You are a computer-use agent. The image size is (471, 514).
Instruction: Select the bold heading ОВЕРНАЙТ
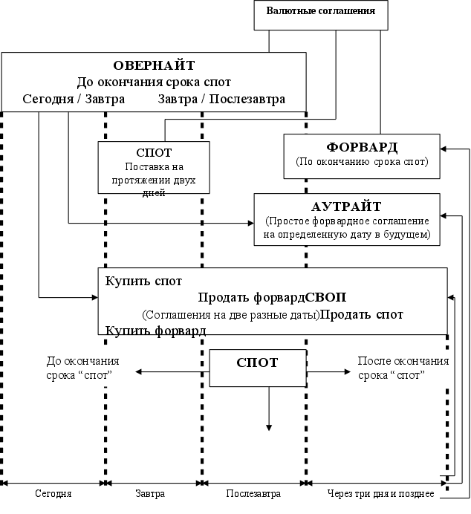tap(154, 65)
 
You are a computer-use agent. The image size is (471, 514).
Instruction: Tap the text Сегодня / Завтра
tap(74, 99)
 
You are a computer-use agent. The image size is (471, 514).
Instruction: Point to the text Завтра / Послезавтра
tap(221, 99)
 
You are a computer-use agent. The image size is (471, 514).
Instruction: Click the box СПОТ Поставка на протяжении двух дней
tap(155, 167)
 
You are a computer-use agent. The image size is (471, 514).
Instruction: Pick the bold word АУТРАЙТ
tap(347, 206)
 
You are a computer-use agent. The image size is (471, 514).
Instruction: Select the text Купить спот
tap(143, 282)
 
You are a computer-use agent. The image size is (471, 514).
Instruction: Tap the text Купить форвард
tap(155, 331)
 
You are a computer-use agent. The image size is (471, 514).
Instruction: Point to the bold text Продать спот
tap(363, 314)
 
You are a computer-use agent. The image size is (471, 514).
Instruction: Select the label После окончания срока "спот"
tap(403, 368)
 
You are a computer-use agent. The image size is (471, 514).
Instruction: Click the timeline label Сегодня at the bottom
tap(54, 493)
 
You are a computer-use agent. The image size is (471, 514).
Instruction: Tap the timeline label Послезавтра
tap(253, 493)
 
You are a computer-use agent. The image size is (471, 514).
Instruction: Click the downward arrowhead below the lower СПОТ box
tap(269, 426)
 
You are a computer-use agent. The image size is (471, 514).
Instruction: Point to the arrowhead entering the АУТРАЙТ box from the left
tap(250, 222)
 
